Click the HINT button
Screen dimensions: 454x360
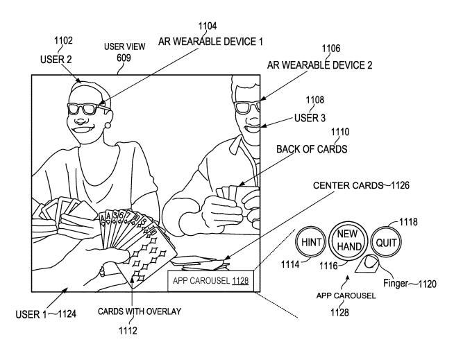[x=311, y=242]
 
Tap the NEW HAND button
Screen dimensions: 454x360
[x=348, y=240]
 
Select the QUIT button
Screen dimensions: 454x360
[x=386, y=243]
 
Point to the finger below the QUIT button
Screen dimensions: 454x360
[x=367, y=264]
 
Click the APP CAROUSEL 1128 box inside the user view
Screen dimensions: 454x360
[x=211, y=281]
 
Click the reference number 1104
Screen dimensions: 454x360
[x=208, y=26]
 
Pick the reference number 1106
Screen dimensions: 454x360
[x=331, y=49]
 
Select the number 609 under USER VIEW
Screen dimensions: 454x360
[x=124, y=58]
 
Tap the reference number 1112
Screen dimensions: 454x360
[x=128, y=330]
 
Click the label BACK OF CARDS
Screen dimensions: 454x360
[x=312, y=149]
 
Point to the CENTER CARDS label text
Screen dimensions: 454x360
[x=348, y=185]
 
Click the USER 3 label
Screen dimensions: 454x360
[x=310, y=118]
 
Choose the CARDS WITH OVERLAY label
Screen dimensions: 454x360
[x=140, y=311]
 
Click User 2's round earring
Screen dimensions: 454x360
[x=108, y=126]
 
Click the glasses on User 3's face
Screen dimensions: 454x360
[x=247, y=107]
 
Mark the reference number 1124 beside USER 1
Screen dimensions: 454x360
[x=67, y=314]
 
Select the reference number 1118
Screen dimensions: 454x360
[x=408, y=222]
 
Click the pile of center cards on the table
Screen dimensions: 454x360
[x=200, y=263]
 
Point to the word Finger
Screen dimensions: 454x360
[x=396, y=283]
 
